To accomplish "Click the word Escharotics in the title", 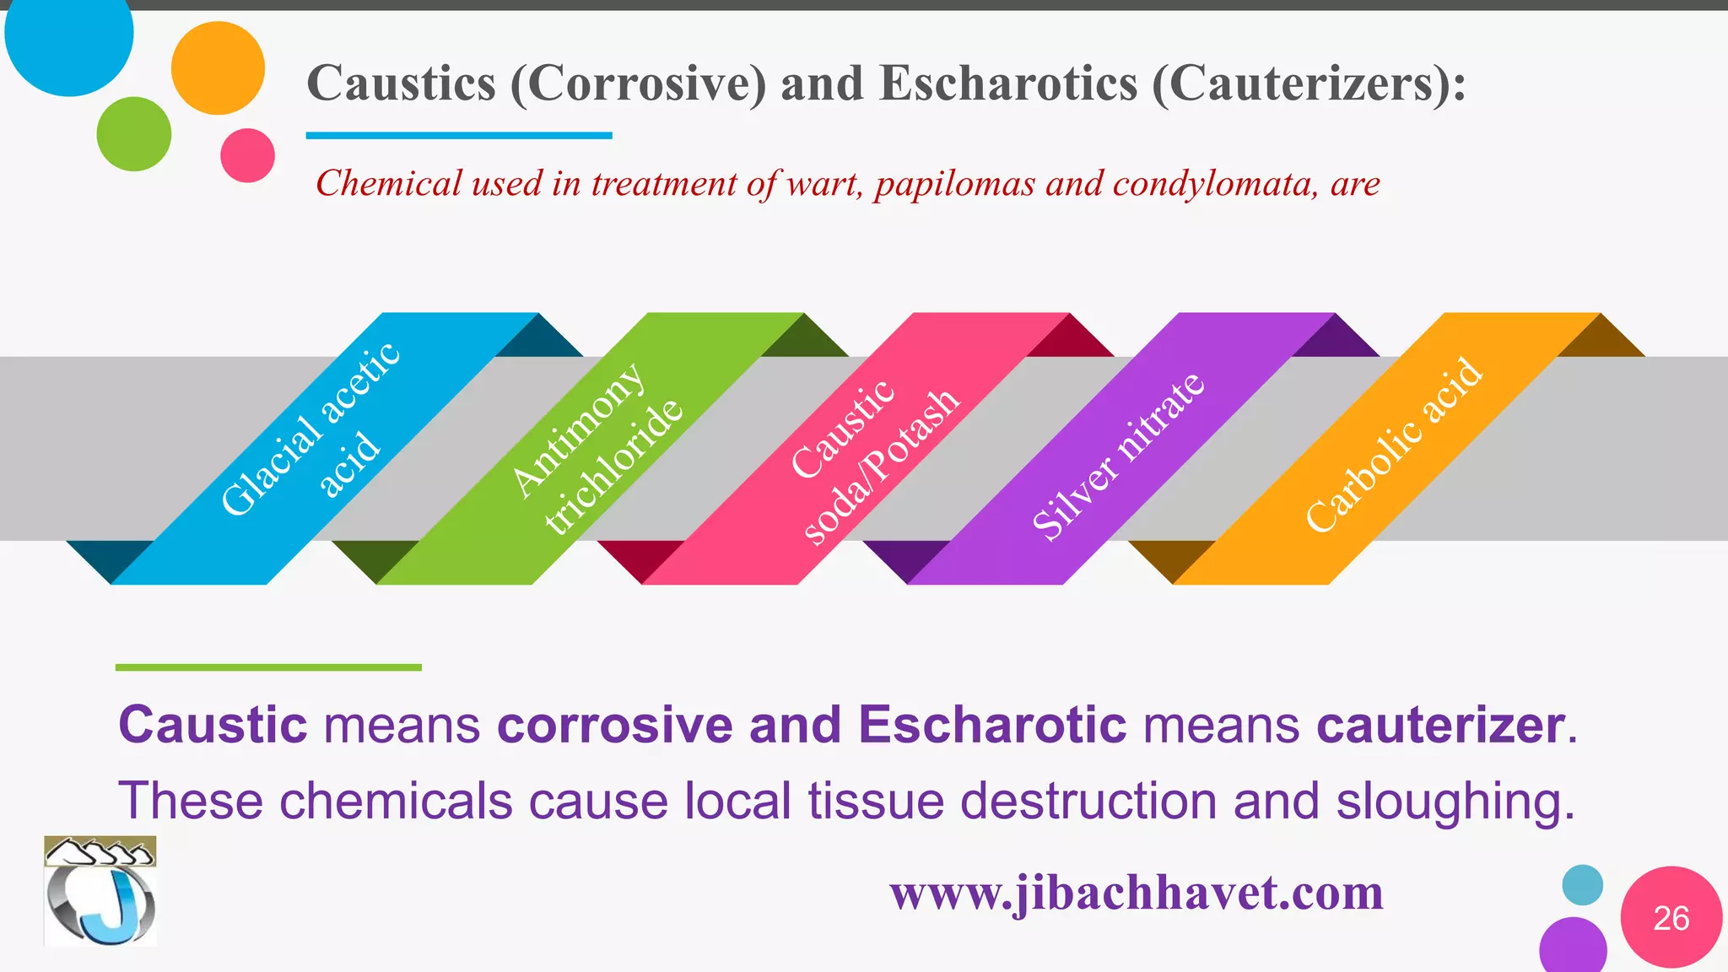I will point(1008,84).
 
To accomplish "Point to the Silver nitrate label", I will point(1118,456).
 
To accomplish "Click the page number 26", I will point(1671,918).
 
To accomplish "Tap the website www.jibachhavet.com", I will point(1137,893).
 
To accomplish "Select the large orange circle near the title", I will point(218,68).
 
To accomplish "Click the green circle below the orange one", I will point(134,134).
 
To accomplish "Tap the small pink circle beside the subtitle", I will point(247,155).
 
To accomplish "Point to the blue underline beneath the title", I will point(458,135).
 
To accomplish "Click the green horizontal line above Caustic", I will point(268,667).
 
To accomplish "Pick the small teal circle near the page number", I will point(1582,885).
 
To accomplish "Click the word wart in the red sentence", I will point(823,183).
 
